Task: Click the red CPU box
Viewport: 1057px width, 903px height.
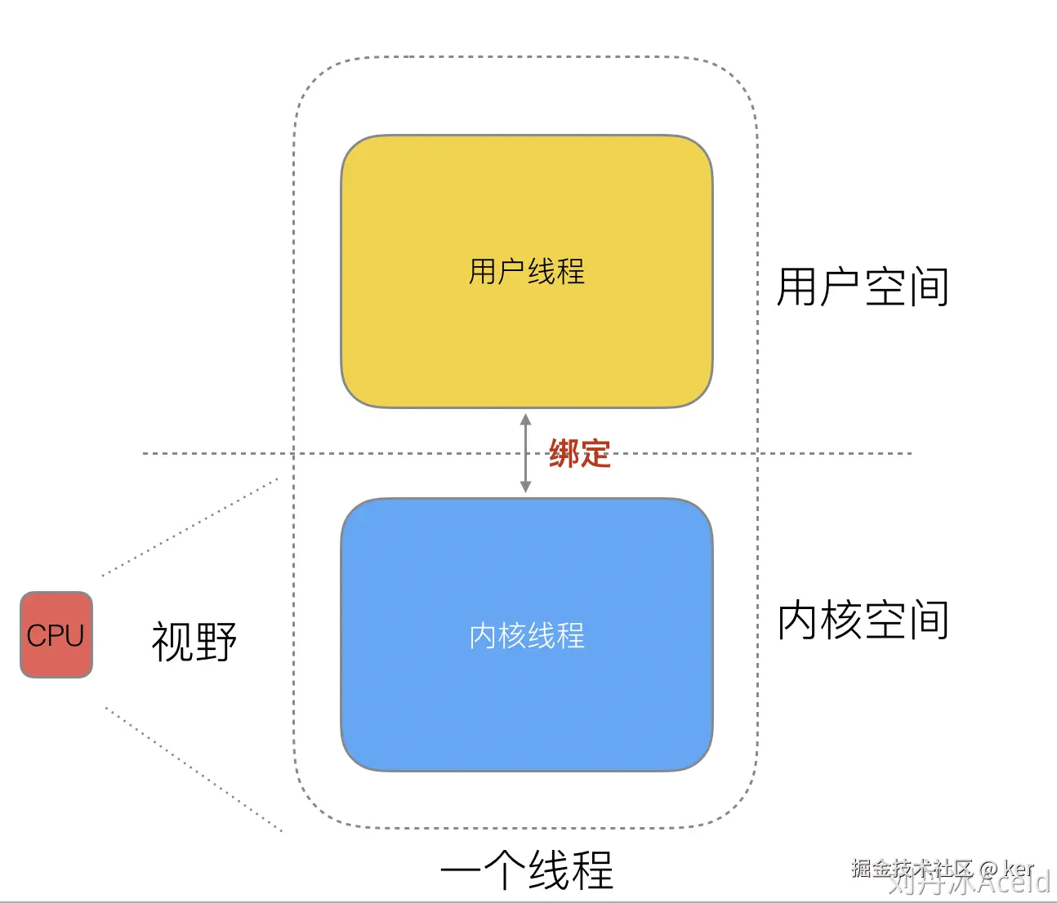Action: [x=56, y=634]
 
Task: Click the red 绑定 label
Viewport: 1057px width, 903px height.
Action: [x=579, y=454]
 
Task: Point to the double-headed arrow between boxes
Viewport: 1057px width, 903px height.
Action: [x=526, y=453]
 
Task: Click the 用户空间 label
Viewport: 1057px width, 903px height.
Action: [x=863, y=287]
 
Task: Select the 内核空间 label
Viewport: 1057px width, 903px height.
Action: [x=863, y=621]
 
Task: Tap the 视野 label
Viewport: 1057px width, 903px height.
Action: [x=194, y=642]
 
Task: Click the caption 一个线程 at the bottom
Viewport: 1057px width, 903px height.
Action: [x=526, y=870]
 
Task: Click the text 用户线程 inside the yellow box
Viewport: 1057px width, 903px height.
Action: [x=526, y=272]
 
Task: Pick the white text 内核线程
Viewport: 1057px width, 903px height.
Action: [x=526, y=636]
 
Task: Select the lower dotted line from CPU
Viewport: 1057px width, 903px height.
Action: [x=193, y=769]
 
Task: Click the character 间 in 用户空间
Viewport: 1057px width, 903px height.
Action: [x=929, y=287]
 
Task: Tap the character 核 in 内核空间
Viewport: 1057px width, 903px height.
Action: [x=841, y=621]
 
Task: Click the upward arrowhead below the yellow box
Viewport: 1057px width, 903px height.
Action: [x=526, y=420]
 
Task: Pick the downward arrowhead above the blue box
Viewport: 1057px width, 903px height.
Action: [x=526, y=487]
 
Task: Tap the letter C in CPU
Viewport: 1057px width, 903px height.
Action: [x=36, y=635]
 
